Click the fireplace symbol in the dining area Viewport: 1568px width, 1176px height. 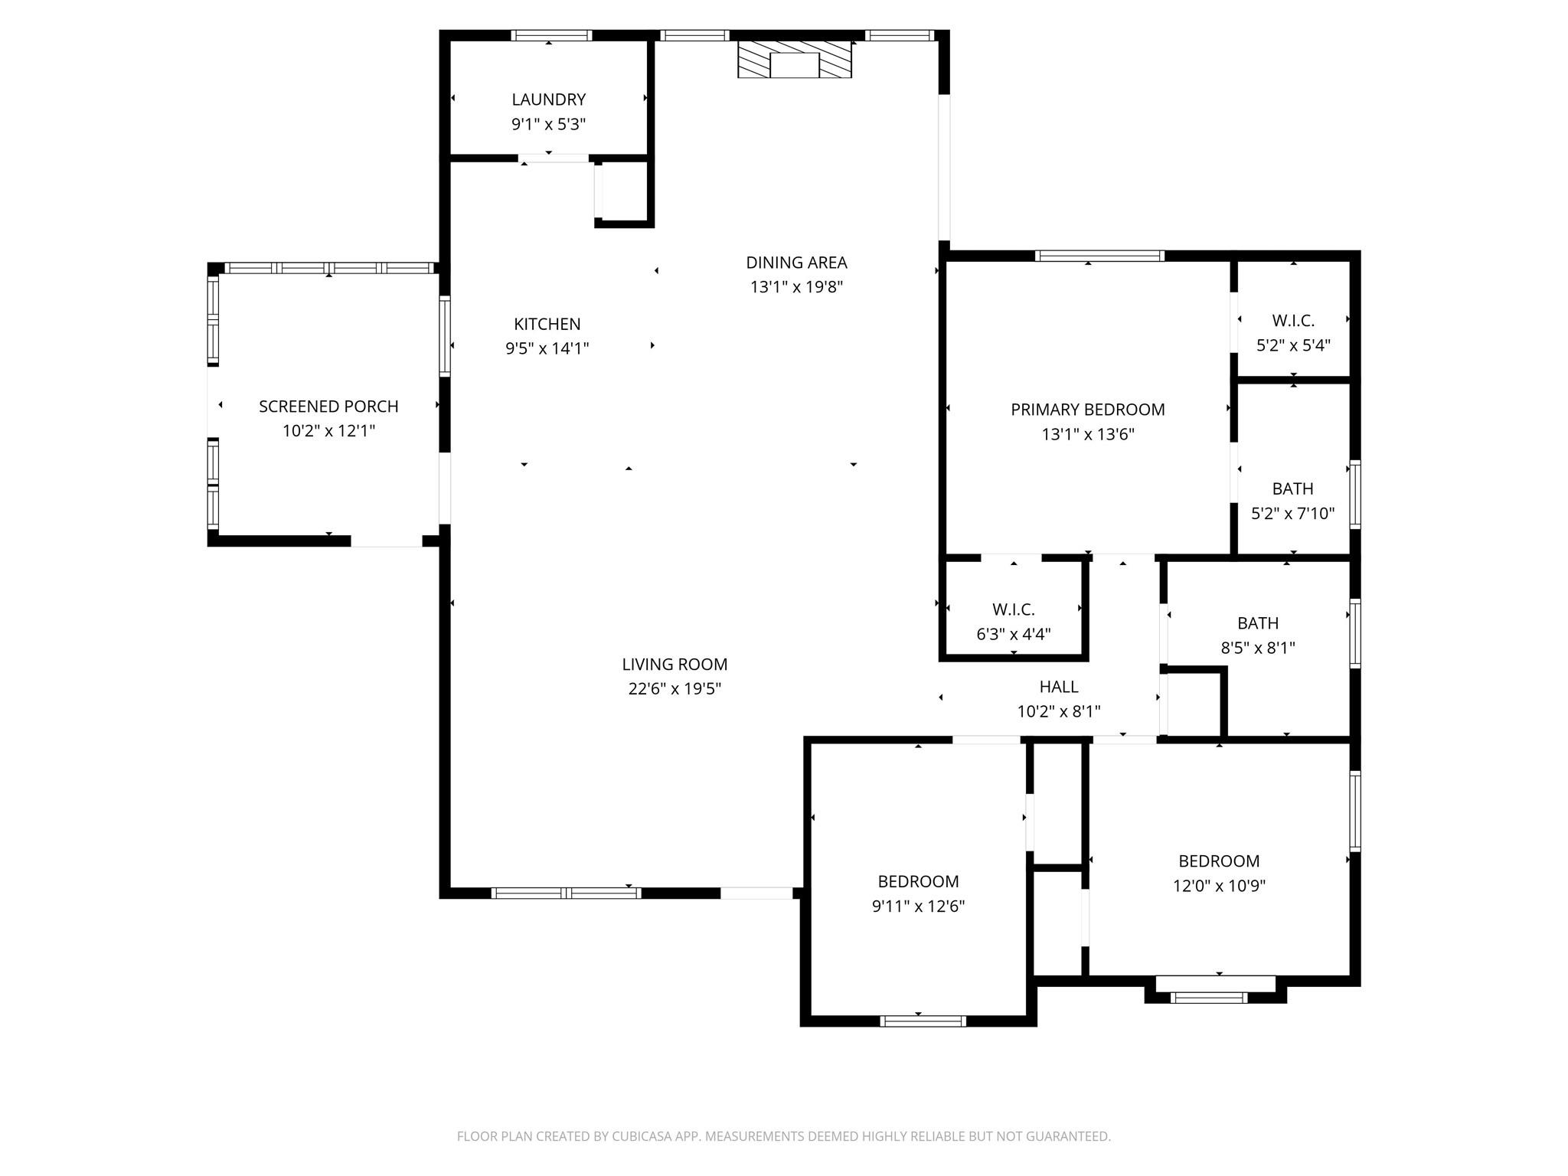coord(794,59)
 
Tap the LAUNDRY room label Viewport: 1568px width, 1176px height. coord(548,100)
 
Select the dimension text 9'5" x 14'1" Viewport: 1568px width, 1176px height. coord(547,349)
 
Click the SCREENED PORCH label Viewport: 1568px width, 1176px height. coord(328,407)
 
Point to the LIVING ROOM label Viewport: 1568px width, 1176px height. coord(675,665)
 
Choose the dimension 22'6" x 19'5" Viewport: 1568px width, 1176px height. coord(675,689)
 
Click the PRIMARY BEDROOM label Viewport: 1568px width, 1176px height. coord(1087,410)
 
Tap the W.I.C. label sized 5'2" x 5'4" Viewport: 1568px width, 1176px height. coord(1293,321)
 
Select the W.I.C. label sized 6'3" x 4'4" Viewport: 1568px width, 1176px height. coord(1013,609)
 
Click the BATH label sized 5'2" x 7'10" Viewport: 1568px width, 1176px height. coord(1292,488)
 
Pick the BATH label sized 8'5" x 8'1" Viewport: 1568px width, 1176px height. coord(1257,623)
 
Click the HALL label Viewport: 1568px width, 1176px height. coord(1058,687)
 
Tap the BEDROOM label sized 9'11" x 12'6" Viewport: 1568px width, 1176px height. coord(918,881)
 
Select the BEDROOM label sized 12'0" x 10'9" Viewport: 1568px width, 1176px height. coord(1219,861)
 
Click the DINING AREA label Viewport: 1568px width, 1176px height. coord(796,263)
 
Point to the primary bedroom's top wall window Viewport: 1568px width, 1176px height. coord(1099,256)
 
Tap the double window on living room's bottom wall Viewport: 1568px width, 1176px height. coord(566,893)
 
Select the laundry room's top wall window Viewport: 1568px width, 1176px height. coord(551,35)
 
